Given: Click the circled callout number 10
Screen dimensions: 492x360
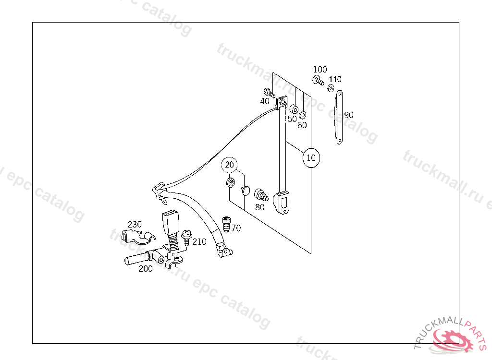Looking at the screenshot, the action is click(311, 157).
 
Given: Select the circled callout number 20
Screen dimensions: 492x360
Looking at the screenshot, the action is click(230, 165).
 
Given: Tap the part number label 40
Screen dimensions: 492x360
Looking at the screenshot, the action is click(265, 101).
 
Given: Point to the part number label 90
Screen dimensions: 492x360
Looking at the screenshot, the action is click(349, 115).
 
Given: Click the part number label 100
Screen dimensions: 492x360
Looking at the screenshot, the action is click(320, 70).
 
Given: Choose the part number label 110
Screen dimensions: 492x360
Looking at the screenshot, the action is click(335, 79).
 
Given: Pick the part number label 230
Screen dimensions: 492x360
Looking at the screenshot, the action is click(135, 224).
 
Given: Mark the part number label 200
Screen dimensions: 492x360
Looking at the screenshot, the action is click(146, 269).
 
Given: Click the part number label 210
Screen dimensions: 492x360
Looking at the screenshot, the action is click(199, 241).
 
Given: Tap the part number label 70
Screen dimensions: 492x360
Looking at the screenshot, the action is click(236, 228).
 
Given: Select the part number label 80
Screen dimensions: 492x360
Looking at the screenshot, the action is click(260, 207).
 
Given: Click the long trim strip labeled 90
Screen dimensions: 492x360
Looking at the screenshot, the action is click(338, 117).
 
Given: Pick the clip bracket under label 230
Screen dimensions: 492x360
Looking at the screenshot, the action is click(137, 237).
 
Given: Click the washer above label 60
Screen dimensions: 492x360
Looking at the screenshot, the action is click(303, 115).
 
